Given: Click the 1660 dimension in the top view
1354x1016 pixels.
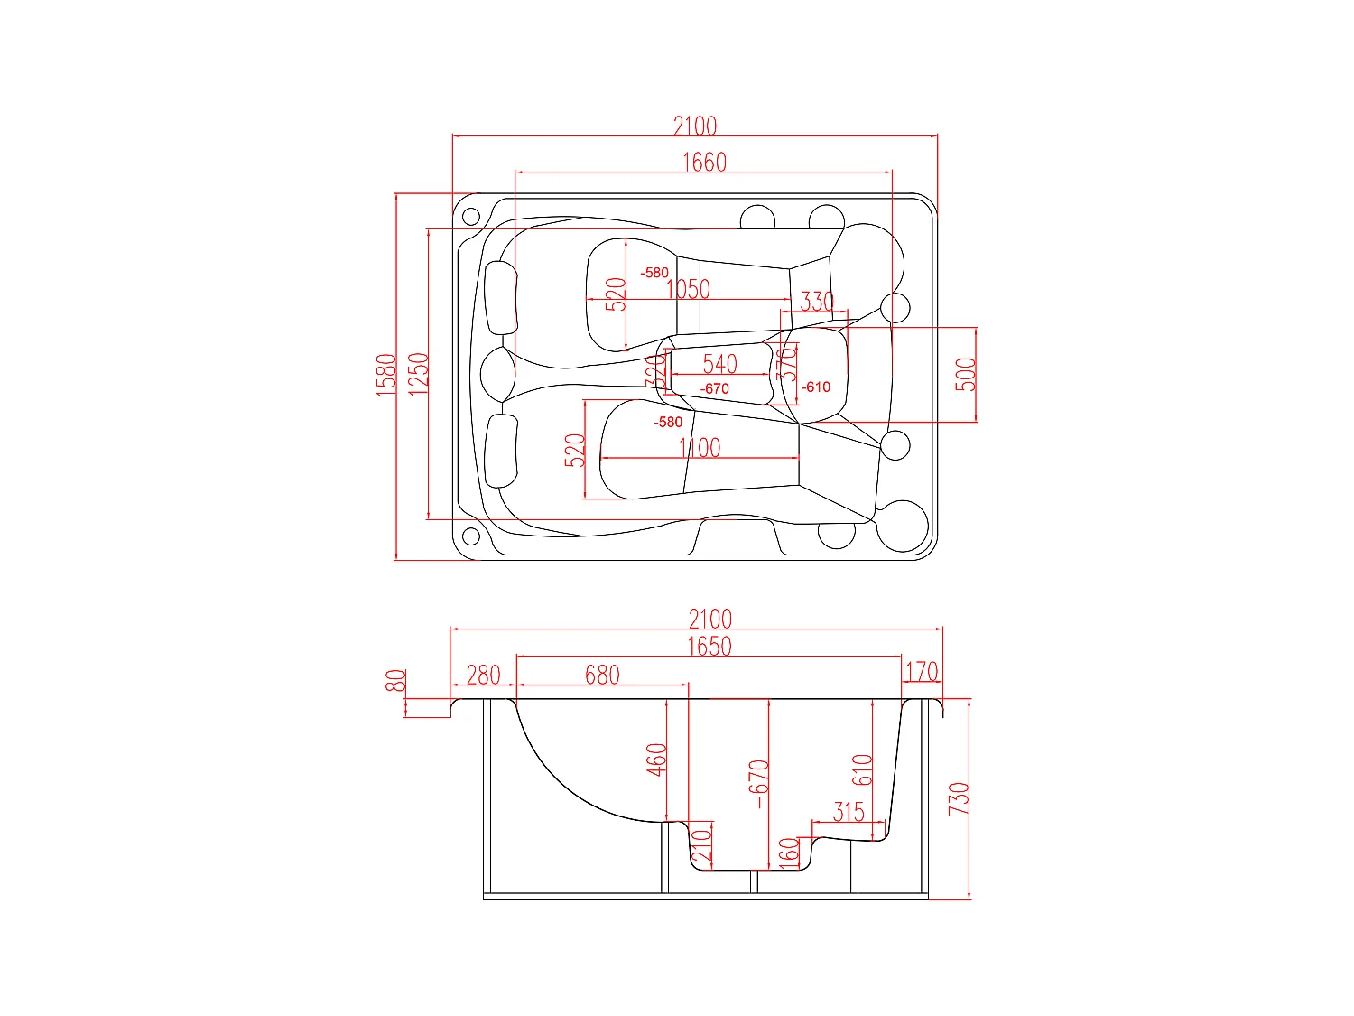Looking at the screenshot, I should coord(703,162).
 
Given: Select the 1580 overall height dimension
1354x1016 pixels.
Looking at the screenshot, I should coord(386,374).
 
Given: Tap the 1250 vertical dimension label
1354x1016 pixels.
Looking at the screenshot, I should coord(418,373).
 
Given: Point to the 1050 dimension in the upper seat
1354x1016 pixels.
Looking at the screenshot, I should coord(688,289).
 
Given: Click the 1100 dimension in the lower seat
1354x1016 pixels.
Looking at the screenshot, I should coord(700,447).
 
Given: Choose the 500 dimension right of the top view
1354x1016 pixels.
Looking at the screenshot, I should coord(965,374).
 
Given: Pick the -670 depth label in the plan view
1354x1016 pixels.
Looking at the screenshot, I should coord(714,388).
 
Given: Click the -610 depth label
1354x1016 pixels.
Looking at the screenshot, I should coord(816,387).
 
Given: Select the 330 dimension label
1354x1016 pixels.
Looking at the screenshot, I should coord(817,301).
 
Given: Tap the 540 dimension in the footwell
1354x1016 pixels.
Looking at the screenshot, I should coord(719,364).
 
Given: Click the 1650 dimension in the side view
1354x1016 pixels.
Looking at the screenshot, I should coord(709,647).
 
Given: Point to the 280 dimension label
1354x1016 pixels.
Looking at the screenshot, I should coord(483,675).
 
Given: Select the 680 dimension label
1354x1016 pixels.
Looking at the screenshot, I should coord(602,675).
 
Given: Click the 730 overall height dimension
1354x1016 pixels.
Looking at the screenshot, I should coord(959,798).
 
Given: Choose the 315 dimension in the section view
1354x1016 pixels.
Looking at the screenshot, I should coord(849,811).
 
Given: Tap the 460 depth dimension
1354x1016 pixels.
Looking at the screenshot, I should coord(656,759).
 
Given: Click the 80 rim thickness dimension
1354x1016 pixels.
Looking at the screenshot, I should coord(395,681).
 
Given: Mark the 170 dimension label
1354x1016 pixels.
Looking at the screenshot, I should coord(922,672).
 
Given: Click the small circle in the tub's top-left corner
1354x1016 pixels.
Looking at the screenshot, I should coord(470,216).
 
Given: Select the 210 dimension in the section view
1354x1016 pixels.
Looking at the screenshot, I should coord(701,846).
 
